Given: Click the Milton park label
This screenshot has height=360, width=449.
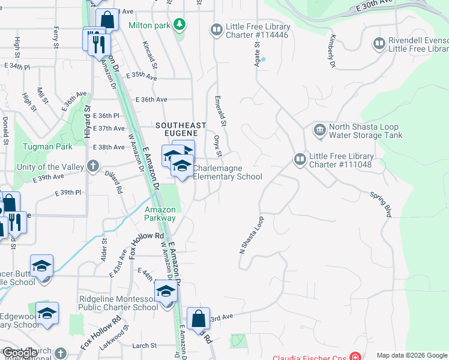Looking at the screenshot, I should (x=149, y=26).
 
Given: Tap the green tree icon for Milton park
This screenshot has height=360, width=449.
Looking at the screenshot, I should (x=179, y=25).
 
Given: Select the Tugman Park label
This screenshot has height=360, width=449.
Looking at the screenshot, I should (x=47, y=146).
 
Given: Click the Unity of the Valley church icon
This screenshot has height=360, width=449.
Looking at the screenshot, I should (x=92, y=166).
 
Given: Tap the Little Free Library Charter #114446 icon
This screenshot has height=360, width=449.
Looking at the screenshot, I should (x=216, y=29).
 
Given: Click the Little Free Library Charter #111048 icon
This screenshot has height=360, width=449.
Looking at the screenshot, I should (x=300, y=159).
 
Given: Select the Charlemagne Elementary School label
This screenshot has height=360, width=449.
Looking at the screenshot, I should (x=228, y=173).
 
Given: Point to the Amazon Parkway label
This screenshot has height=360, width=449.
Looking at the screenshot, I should (x=160, y=214).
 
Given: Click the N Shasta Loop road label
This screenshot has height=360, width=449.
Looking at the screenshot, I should (x=252, y=236).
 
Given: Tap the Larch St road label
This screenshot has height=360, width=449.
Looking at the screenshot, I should (x=144, y=346).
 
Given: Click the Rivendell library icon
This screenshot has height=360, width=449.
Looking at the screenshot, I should (x=379, y=43).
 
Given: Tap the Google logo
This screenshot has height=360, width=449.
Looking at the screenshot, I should (x=20, y=353).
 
